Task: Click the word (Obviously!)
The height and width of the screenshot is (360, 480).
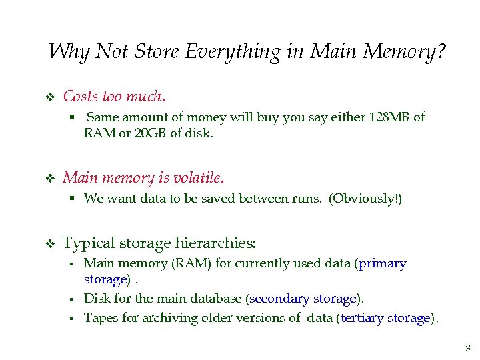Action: [x=366, y=199]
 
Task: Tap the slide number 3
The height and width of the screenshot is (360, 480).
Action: [x=467, y=348]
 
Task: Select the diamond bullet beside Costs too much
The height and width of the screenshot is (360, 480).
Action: [x=48, y=97]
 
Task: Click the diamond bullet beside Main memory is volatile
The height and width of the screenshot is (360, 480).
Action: [x=48, y=179]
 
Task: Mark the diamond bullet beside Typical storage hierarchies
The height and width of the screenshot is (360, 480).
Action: [x=48, y=243]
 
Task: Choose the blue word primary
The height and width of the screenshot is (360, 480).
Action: [x=382, y=263]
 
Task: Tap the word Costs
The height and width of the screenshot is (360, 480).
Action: [x=80, y=97]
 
